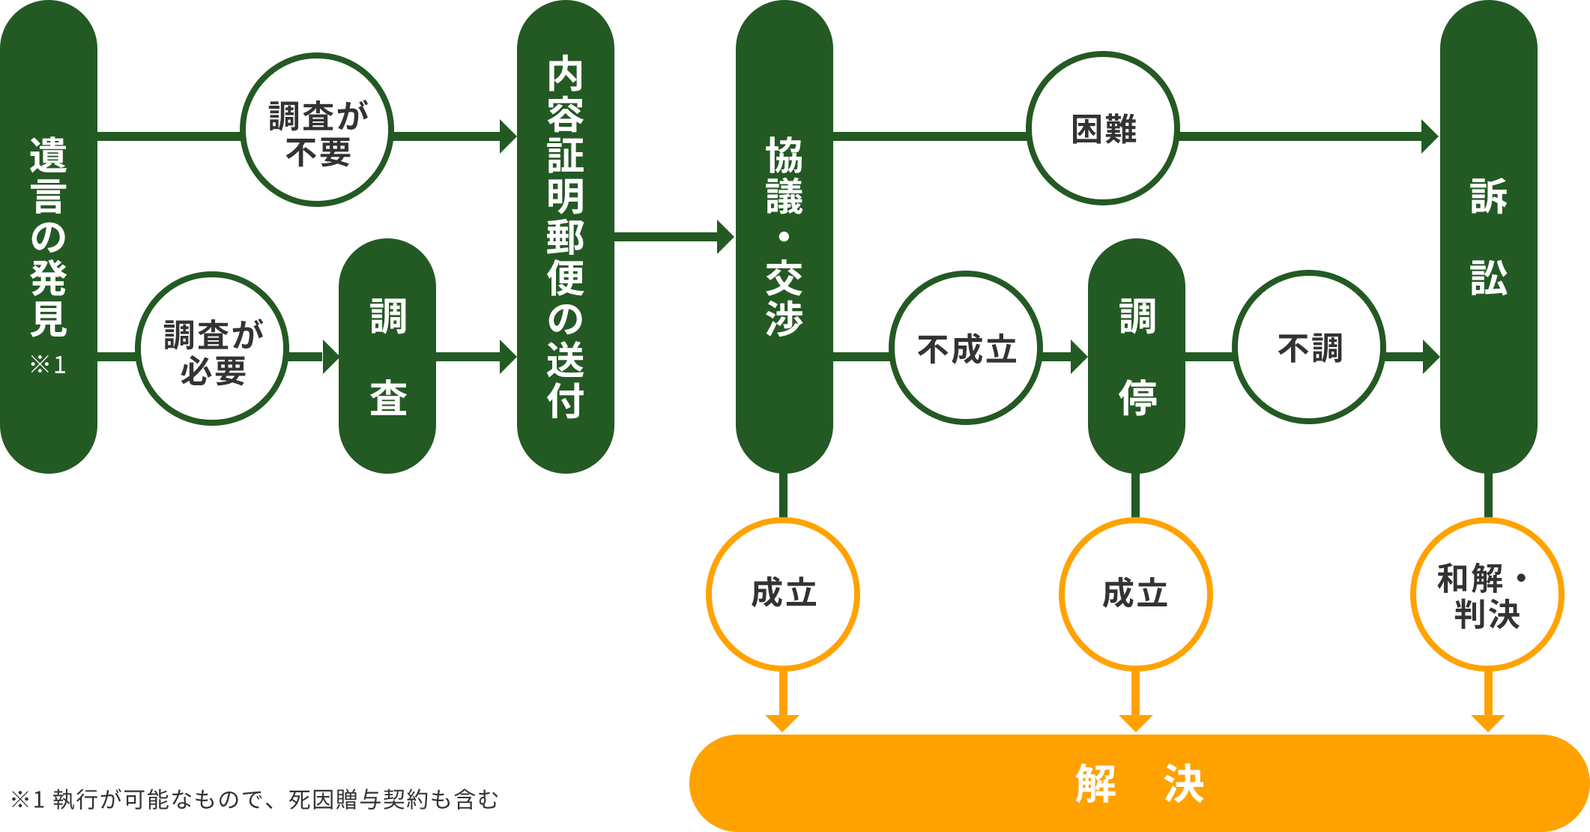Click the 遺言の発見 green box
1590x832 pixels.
49,236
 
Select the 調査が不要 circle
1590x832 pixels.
317,130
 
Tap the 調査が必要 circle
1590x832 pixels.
213,349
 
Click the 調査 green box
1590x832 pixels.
387,356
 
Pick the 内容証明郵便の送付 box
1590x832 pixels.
566,236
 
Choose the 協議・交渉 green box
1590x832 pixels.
785,236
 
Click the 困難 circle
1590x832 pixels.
1103,128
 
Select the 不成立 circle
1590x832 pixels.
967,348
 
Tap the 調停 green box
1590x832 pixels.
1137,356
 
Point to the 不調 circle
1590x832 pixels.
1309,347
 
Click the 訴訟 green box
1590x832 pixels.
1489,236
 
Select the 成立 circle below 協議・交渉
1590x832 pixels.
783,594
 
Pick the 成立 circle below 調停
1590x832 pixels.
1136,594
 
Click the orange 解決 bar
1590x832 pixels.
1139,783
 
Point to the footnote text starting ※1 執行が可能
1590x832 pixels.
255,800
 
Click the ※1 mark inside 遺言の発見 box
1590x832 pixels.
48,365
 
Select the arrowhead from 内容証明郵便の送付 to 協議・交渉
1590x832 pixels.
725,237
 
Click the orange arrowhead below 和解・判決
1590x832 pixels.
1488,723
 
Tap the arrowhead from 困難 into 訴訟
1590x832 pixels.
1430,136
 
